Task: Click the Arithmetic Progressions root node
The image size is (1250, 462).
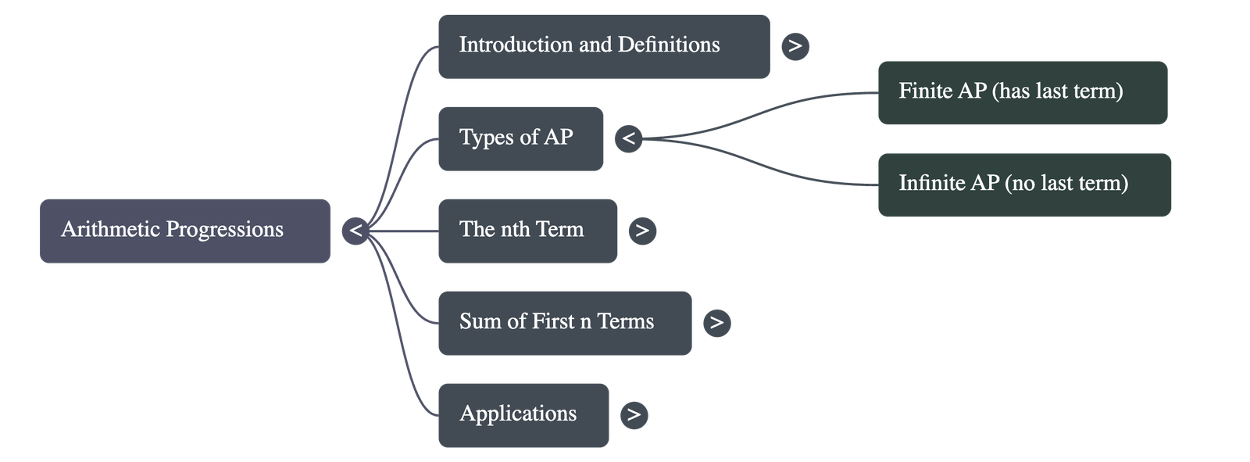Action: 185,231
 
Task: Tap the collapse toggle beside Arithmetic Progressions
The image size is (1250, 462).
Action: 355,231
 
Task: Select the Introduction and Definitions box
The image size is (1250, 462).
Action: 603,46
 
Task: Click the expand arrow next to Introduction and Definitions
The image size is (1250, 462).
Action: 795,46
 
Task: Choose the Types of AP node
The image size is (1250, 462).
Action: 520,138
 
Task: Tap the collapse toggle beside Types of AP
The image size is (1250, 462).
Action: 628,139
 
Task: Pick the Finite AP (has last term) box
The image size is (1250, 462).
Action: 1022,92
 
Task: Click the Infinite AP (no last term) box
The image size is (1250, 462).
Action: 1023,184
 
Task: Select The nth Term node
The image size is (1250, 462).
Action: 527,231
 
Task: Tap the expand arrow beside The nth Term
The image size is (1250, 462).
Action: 641,231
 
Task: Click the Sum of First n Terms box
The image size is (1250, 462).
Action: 564,323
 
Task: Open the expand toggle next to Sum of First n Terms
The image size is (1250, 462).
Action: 716,323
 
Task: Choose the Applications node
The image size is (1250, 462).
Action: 523,415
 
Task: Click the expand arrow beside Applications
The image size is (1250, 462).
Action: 634,415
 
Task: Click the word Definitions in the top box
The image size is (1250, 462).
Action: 669,45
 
